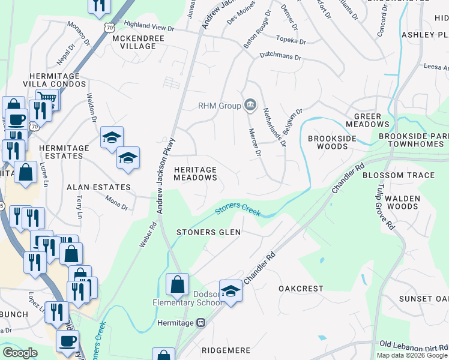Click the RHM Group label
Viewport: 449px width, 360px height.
click(219, 106)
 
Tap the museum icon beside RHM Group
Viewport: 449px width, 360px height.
click(250, 106)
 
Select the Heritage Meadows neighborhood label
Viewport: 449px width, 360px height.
click(195, 173)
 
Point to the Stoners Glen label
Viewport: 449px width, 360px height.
click(208, 232)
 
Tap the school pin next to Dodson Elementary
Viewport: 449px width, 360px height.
click(229, 292)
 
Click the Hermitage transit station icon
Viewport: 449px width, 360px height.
click(201, 323)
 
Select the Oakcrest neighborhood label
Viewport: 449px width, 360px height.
click(301, 289)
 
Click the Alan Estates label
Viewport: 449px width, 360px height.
click(98, 187)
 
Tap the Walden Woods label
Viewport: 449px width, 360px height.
click(402, 202)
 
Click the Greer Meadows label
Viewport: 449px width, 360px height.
click(372, 120)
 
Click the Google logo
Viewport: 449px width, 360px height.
click(20, 353)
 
